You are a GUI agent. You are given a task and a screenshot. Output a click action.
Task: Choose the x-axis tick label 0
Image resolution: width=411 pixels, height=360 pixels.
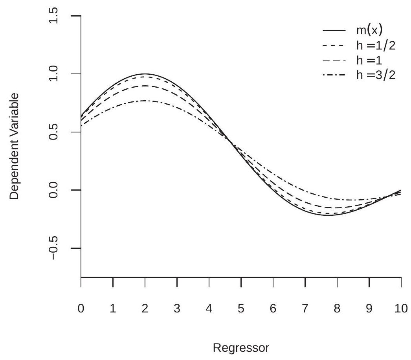point(81,309)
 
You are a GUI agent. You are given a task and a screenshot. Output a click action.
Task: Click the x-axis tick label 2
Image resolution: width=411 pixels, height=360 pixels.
point(145,309)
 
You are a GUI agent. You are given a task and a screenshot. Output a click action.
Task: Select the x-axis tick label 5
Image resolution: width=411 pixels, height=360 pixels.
point(241,309)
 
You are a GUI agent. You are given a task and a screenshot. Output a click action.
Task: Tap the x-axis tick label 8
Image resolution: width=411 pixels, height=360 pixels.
point(337,309)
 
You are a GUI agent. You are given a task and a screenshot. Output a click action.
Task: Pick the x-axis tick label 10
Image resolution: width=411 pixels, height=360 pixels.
point(401,309)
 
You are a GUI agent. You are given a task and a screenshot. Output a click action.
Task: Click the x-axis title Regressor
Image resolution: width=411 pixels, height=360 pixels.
point(241,348)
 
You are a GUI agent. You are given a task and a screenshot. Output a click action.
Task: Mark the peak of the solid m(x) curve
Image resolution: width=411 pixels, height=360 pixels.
point(145,74)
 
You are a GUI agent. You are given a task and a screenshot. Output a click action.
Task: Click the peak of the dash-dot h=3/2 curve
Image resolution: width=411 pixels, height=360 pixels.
point(145,101)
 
